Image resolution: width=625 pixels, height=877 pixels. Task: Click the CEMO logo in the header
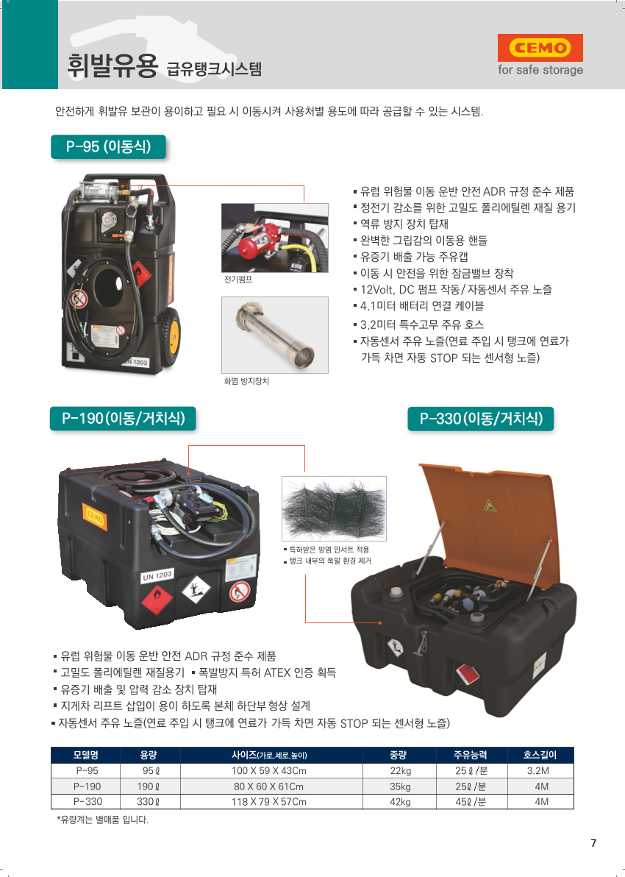coord(540,48)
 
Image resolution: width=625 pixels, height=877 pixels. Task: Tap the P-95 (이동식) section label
coord(108,146)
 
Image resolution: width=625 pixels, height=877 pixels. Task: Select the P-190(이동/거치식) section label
coord(123,419)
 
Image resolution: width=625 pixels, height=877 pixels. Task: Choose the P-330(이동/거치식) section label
coord(481,419)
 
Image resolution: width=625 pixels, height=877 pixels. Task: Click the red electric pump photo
coord(274,238)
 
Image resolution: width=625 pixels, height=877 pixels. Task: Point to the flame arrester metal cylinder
coord(274,333)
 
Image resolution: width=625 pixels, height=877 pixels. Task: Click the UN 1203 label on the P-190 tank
coord(157,575)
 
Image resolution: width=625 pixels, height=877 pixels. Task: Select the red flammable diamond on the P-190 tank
coord(159,598)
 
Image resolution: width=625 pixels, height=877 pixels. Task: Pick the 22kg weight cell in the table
coord(400,771)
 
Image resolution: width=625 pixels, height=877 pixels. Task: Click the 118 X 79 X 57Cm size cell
coord(269,801)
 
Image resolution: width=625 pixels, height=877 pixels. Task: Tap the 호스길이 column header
coord(540,755)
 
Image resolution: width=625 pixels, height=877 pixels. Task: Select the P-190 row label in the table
coord(87,786)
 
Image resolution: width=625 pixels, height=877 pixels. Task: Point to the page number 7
coord(593,843)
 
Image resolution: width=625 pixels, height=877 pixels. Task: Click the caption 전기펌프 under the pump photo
coord(238,279)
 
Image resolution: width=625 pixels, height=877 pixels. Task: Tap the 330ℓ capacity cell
coord(148,801)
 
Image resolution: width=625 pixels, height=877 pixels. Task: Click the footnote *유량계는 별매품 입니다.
coord(103,820)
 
